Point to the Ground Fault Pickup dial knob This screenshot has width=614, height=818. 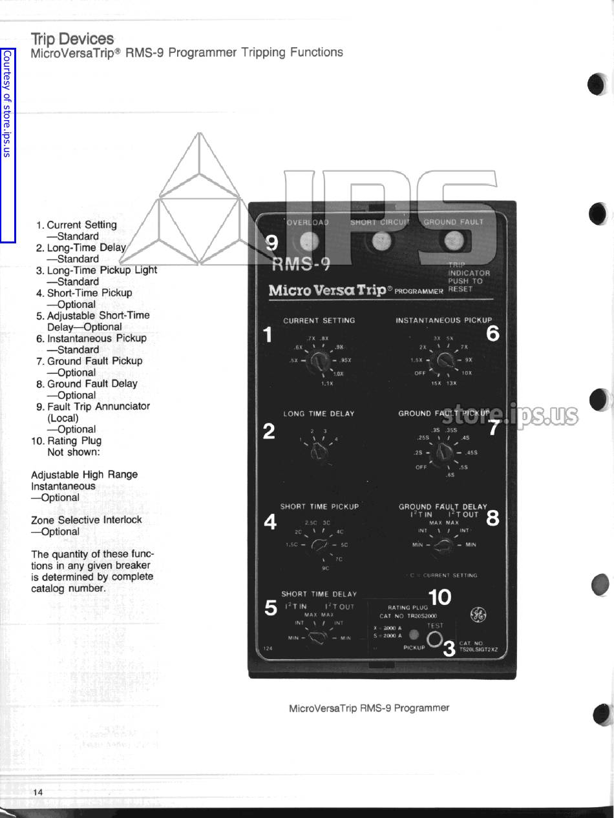tap(445, 453)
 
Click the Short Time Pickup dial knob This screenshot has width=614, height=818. tap(319, 546)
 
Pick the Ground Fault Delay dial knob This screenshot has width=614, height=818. tap(443, 546)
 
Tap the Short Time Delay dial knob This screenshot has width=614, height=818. tap(318, 638)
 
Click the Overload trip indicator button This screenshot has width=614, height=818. tap(309, 241)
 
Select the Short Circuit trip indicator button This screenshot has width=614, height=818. tap(379, 241)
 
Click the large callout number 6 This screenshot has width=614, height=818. tap(492, 334)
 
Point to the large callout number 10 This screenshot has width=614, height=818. tap(439, 598)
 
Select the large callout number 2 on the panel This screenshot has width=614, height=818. tap(270, 431)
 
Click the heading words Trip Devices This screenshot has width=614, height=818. tap(72, 39)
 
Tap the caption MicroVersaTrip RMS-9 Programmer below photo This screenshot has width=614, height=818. tap(368, 708)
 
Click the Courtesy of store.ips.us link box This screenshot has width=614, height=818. tap(7, 145)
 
